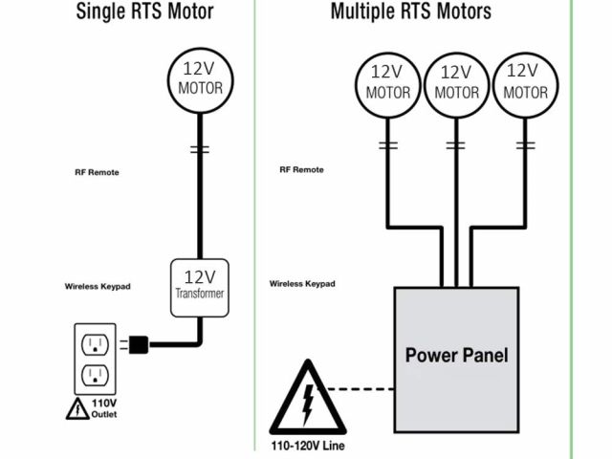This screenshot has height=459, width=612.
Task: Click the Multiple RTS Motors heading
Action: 411,11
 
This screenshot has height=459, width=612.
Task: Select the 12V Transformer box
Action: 200,286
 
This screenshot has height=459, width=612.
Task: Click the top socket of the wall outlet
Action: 95,342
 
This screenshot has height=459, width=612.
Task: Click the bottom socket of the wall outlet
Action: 95,374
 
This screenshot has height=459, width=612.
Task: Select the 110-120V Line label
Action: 308,446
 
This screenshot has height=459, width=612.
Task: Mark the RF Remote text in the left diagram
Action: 96,173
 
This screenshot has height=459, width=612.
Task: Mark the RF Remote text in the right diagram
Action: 301,169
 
